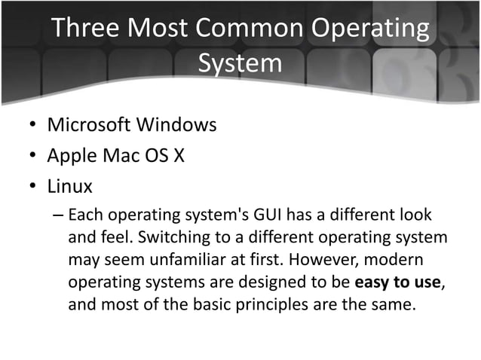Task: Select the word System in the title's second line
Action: [240, 63]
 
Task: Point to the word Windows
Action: [182, 124]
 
